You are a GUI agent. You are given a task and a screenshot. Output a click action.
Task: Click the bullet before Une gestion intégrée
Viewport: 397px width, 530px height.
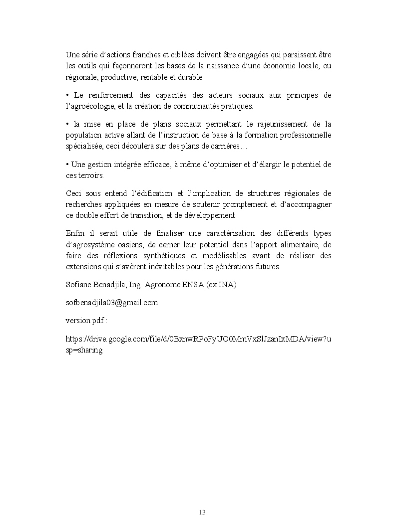(67, 165)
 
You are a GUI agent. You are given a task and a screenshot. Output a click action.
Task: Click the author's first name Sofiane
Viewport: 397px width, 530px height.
(78, 285)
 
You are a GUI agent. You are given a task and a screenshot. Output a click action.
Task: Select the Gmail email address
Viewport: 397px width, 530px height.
(112, 303)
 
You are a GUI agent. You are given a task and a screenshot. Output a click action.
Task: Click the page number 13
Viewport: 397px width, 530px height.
(202, 513)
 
